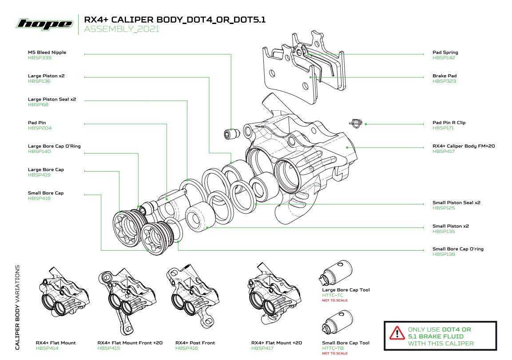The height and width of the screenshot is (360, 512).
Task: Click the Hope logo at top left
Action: (x=44, y=24)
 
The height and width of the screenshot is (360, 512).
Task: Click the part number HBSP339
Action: (x=40, y=58)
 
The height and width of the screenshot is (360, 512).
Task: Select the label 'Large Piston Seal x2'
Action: (x=52, y=100)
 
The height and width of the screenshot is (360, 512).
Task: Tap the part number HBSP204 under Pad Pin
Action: (x=40, y=128)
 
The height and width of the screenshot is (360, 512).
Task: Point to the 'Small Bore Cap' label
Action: (x=46, y=193)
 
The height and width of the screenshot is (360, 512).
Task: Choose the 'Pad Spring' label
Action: (x=445, y=52)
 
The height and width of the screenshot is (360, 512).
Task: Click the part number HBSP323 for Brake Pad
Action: (x=444, y=81)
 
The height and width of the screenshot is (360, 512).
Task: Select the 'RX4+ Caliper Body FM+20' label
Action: (x=464, y=146)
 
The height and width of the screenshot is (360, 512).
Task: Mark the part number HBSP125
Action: (x=444, y=208)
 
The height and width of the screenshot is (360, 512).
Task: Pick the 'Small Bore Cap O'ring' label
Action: (x=458, y=249)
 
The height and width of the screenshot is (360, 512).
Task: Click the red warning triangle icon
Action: (x=395, y=332)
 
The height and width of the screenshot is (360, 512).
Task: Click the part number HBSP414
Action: (x=47, y=348)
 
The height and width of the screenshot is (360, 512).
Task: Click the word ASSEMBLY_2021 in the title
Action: (x=121, y=30)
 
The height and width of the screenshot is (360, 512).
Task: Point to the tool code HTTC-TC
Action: (x=333, y=296)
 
